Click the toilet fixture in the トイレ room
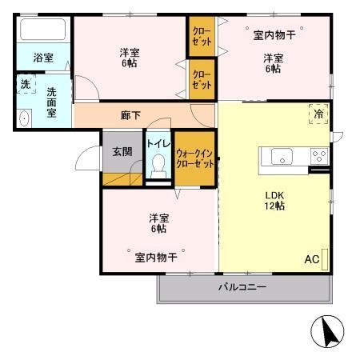coord(158,166)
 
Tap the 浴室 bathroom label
coord(43,58)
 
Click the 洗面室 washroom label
coord(51,102)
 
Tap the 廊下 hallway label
coord(130,115)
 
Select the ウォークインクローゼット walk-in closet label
coord(194,158)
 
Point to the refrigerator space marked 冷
coord(317,113)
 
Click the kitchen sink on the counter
coord(283,156)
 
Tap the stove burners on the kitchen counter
coord(318,156)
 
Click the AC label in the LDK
coord(311,258)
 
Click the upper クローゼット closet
coord(202,38)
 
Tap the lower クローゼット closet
coord(202,79)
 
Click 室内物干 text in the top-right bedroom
coord(274,34)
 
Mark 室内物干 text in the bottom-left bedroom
coord(155,257)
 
